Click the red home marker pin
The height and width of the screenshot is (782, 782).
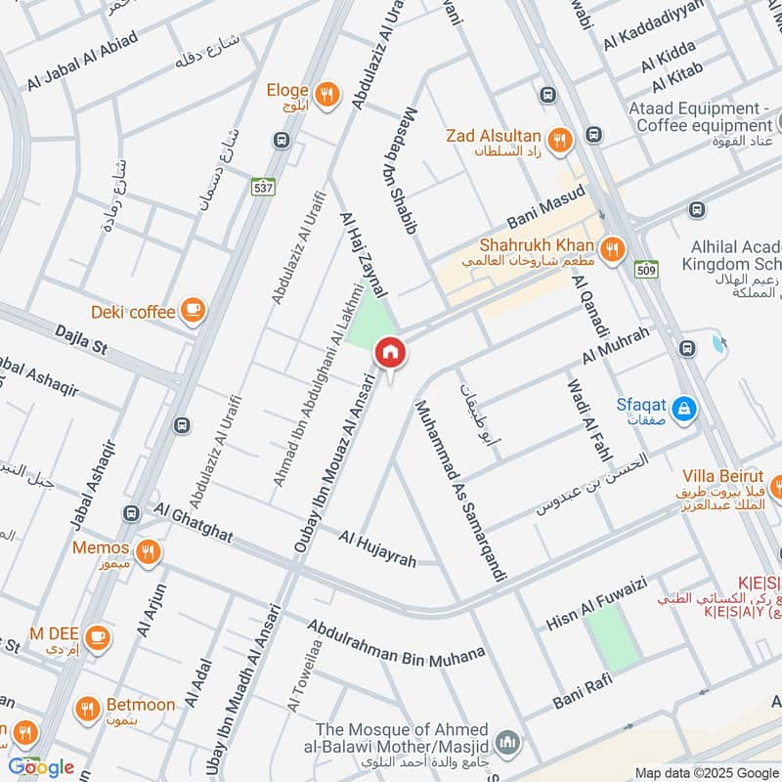click(x=390, y=351)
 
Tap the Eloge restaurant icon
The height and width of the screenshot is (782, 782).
click(x=327, y=94)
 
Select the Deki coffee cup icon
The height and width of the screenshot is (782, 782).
click(x=194, y=311)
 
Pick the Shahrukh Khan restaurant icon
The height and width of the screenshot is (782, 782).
click(x=613, y=248)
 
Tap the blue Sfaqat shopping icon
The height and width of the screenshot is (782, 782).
click(x=684, y=406)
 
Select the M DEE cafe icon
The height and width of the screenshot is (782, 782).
click(x=97, y=637)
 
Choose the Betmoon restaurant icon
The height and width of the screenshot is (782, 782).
click(x=88, y=707)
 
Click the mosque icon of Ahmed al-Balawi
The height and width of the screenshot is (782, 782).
click(x=505, y=743)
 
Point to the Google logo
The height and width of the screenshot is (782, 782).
click(x=42, y=767)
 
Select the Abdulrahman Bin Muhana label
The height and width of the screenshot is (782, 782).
click(x=396, y=641)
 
